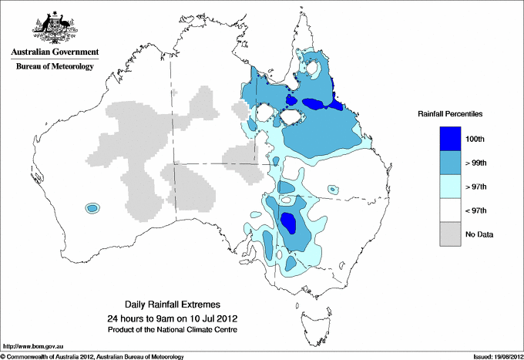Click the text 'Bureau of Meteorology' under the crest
(x=55, y=67)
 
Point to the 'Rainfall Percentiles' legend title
(x=450, y=113)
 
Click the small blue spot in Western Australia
(x=92, y=207)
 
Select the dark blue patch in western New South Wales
(x=290, y=224)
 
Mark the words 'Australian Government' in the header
(x=55, y=53)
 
